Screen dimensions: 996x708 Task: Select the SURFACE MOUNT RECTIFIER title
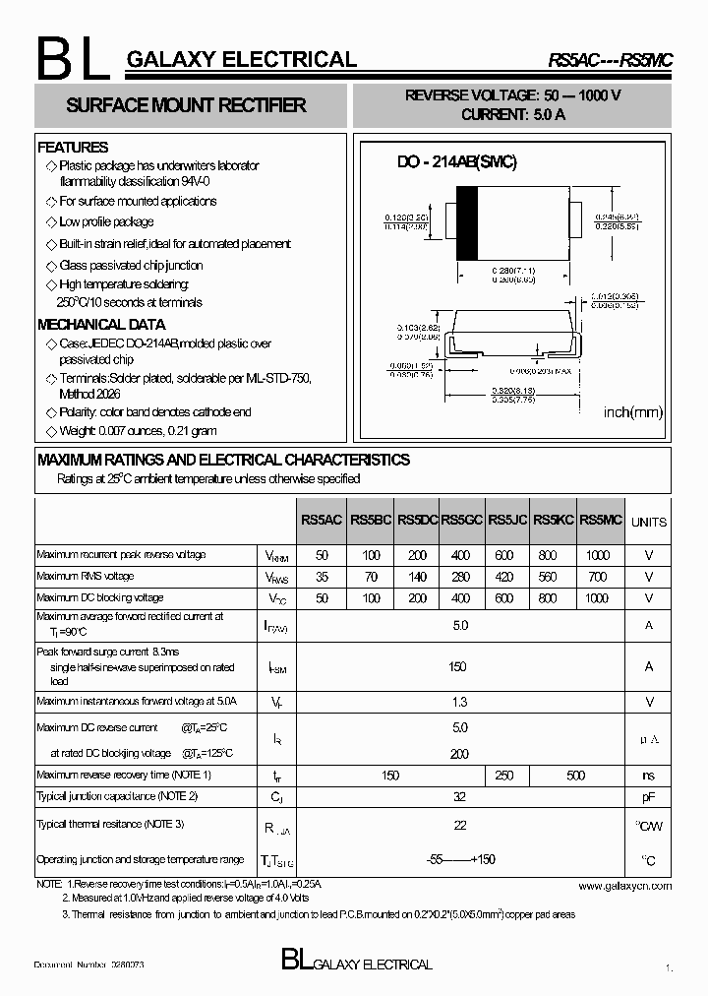pos(186,105)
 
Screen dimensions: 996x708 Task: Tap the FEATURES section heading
pos(73,148)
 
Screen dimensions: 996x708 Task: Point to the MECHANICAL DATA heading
pos(101,324)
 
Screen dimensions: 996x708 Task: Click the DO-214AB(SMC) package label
pos(456,162)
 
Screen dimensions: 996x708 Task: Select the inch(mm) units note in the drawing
pos(633,411)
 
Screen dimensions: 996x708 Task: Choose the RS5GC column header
pos(461,520)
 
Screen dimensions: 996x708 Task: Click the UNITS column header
pos(648,522)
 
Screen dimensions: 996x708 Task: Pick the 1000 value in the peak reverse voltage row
pos(598,555)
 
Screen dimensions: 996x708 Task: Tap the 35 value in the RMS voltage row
pos(322,577)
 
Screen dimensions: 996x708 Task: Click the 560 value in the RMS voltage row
pos(548,577)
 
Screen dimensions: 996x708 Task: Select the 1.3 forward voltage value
pos(459,702)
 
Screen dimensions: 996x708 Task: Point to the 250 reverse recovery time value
pos(504,776)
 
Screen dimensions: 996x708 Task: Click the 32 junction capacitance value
pos(459,796)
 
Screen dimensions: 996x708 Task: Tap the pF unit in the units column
pos(648,796)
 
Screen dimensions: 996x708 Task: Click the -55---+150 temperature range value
pos(459,859)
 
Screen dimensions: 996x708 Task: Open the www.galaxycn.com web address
pos(624,886)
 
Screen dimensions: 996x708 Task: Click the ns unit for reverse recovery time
pos(648,776)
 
